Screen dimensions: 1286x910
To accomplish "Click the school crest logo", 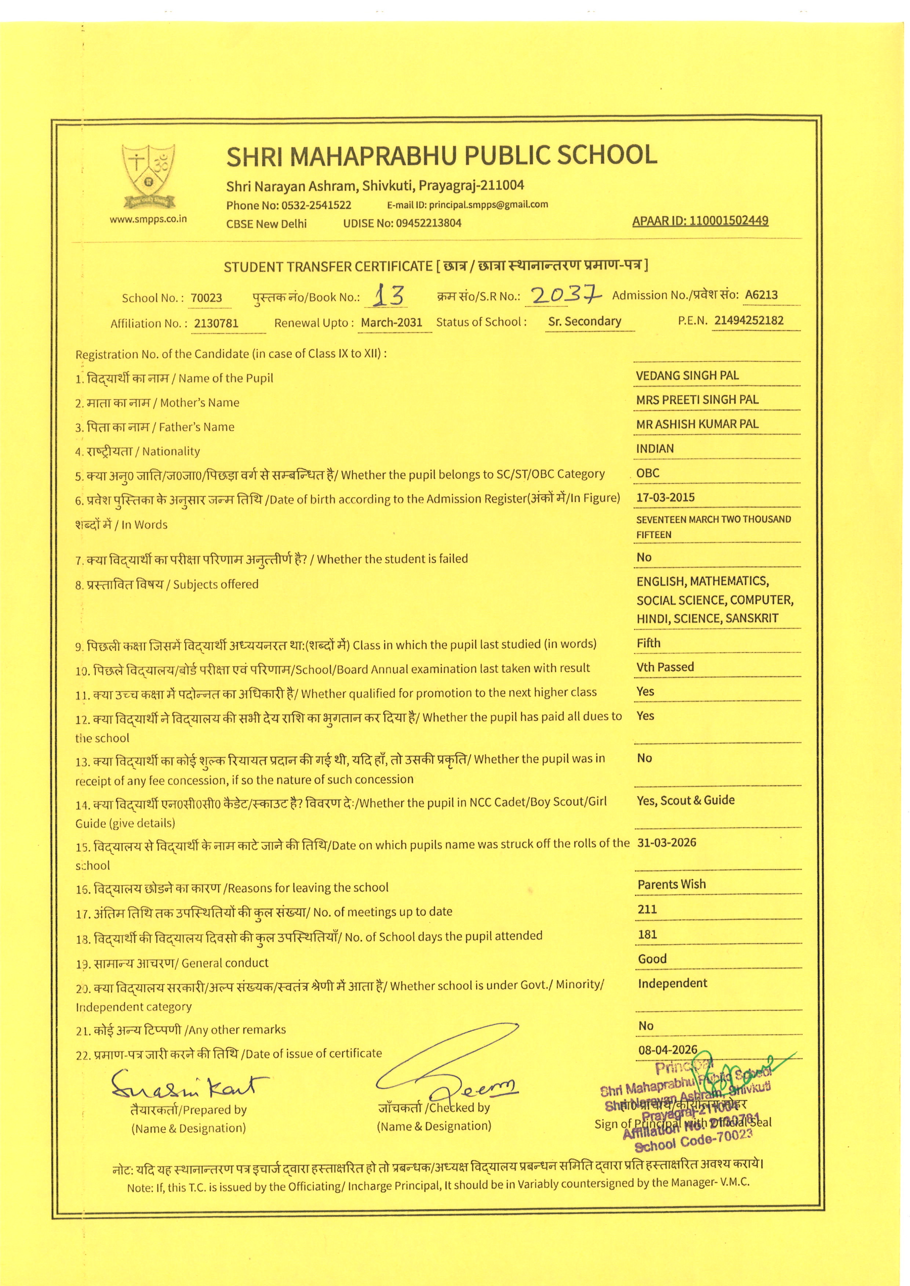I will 149,176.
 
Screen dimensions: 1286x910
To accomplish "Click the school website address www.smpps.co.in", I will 149,219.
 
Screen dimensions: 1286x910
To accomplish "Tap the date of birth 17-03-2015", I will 665,497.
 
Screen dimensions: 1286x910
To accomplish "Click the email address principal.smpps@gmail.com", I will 488,205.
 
